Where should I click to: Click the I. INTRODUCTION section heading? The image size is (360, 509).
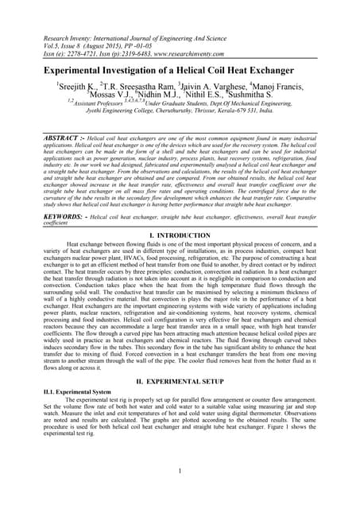[x=180, y=235]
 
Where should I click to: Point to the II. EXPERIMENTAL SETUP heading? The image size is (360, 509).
[x=180, y=381]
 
